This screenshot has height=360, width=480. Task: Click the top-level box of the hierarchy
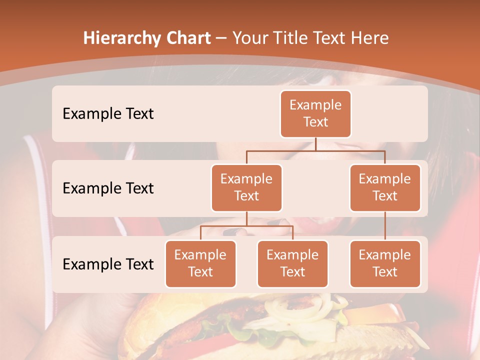(x=315, y=113)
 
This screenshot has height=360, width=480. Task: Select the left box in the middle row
(x=246, y=187)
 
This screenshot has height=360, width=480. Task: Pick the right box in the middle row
(x=385, y=187)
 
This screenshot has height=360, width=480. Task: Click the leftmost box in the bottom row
(x=200, y=263)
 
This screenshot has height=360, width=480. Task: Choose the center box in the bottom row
(x=292, y=263)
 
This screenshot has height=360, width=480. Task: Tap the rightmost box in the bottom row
(x=385, y=263)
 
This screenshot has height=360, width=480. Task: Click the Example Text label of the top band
(x=108, y=113)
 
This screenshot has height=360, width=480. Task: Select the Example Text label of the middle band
(x=108, y=188)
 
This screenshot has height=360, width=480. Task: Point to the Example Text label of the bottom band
(x=108, y=264)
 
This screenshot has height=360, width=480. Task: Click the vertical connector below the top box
(x=315, y=144)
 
